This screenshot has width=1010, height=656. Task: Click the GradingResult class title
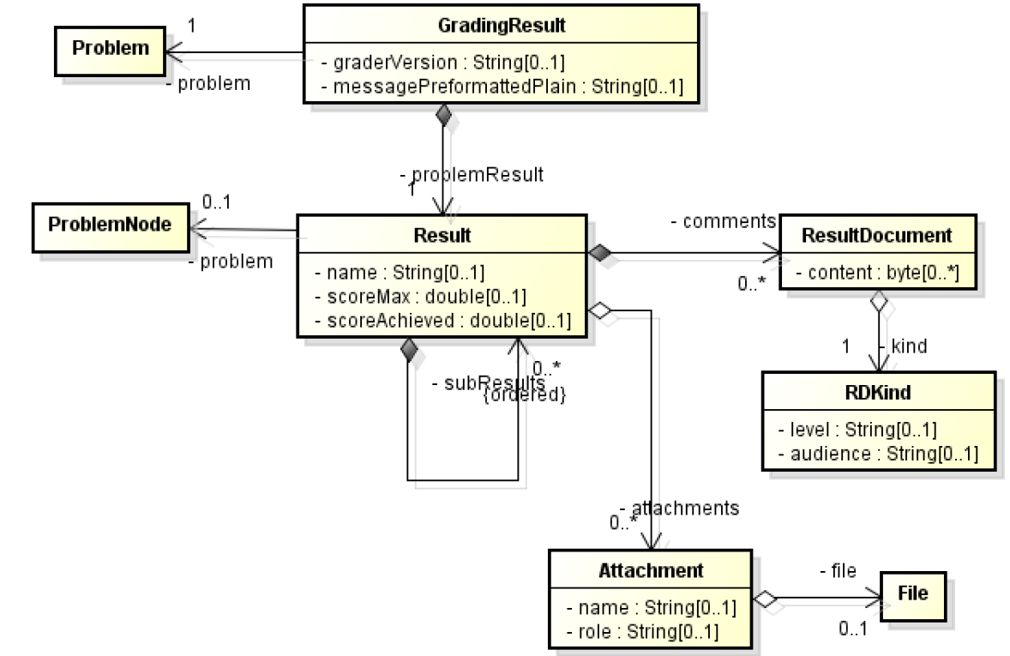[x=501, y=26]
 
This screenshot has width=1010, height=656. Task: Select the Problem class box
[x=110, y=47]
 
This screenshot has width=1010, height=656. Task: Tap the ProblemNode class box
[x=109, y=226]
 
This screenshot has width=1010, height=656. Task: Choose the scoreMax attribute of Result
[x=420, y=297]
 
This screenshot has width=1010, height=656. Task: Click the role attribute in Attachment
[x=642, y=631]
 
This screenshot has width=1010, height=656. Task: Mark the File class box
[x=911, y=593]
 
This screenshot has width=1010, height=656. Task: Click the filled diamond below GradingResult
[x=442, y=114]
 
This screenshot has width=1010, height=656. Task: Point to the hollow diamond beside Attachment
[x=764, y=599]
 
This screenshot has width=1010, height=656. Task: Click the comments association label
[x=724, y=221]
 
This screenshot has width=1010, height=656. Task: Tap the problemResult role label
[x=474, y=175]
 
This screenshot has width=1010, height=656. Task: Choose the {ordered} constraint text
[x=524, y=396]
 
